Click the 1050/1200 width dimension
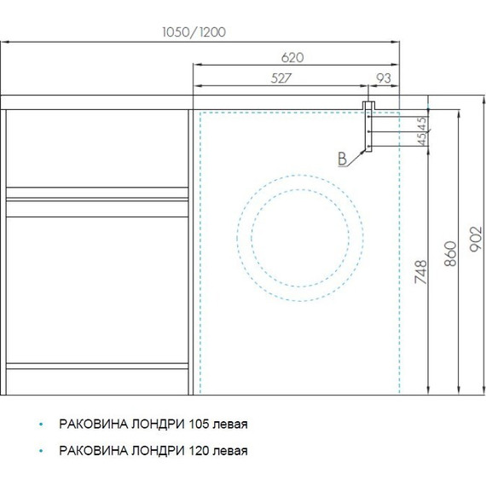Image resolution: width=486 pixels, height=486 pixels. point(194,32)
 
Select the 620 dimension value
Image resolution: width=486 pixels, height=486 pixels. point(292,58)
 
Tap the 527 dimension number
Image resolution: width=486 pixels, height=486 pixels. point(281,78)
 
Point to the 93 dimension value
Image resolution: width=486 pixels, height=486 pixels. point(384,78)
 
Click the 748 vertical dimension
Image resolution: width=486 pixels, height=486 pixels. point(421,272)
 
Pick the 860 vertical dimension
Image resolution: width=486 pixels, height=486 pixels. point(450,253)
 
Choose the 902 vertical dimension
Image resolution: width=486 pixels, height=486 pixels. point(476,239)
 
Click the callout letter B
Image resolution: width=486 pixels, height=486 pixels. point(342,159)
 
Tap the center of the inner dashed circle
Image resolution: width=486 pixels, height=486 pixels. point(300,238)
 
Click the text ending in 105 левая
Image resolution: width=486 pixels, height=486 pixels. point(153,424)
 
